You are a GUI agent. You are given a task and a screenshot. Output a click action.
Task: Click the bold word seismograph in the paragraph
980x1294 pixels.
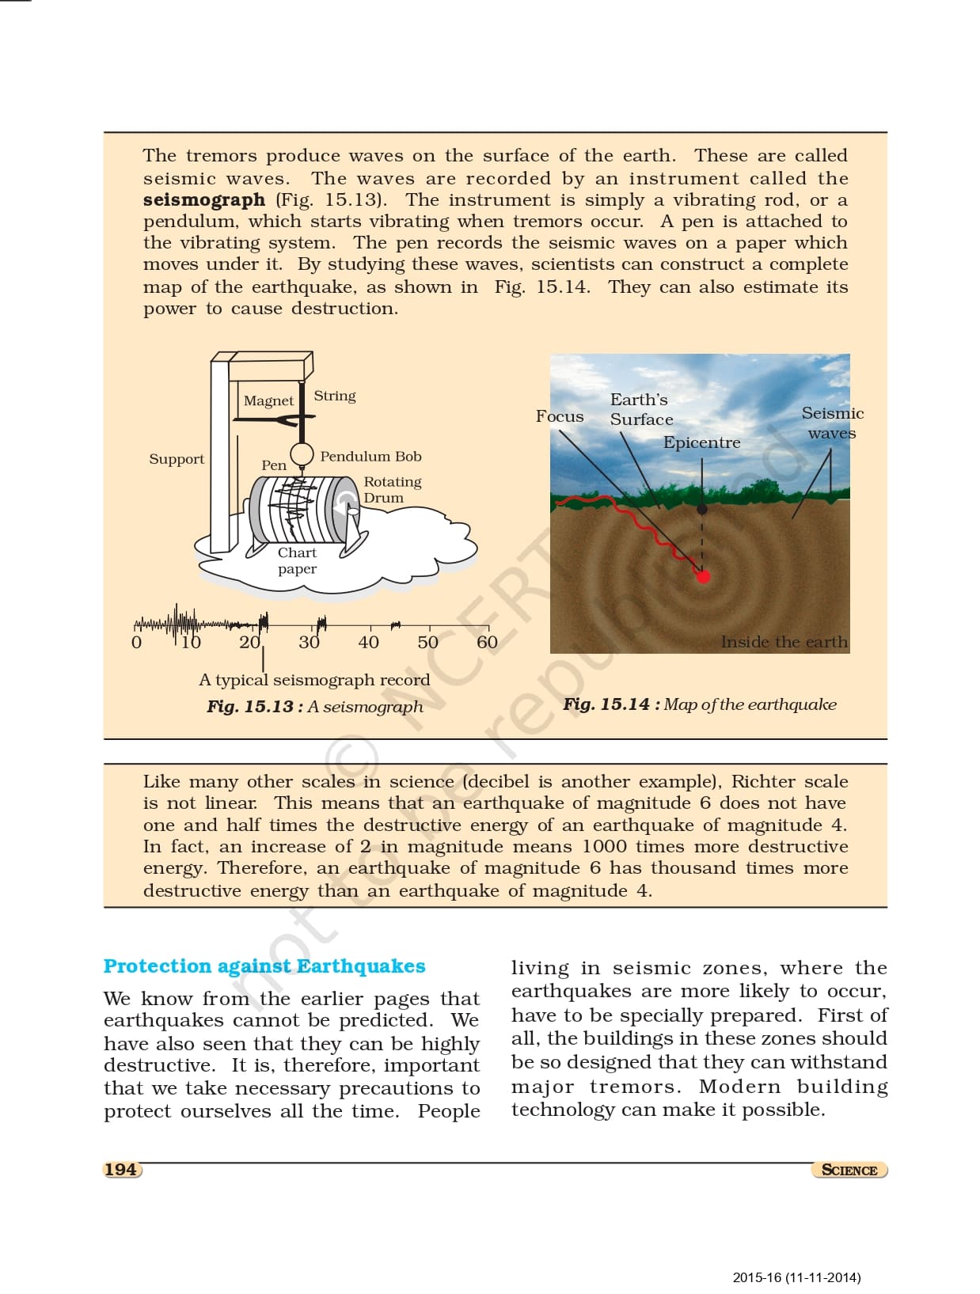pos(203,200)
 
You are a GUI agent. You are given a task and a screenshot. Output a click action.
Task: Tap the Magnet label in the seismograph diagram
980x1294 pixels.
pos(268,401)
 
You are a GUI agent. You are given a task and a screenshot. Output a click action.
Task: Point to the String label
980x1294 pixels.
pos(335,396)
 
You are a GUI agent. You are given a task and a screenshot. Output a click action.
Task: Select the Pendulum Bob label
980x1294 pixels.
pos(370,457)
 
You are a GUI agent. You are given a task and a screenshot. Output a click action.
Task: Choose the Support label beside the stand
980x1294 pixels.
pos(177,459)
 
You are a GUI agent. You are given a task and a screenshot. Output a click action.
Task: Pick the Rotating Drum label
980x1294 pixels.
pos(392,489)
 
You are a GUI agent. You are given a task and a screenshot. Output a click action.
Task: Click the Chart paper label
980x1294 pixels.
pos(297,560)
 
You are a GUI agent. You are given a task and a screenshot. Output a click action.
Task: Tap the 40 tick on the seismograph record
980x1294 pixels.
pos(368,643)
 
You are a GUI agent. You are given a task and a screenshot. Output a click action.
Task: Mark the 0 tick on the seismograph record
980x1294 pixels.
pos(136,643)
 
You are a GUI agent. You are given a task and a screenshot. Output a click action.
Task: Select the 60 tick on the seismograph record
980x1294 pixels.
pos(487,643)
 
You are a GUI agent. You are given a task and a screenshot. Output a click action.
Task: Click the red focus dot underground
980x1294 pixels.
pos(702,576)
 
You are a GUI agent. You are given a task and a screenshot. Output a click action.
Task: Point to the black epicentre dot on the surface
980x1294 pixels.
pos(701,510)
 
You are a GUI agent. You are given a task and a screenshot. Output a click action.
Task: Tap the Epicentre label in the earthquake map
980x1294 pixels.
pos(701,442)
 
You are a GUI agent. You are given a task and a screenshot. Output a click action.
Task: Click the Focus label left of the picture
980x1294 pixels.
pos(560,416)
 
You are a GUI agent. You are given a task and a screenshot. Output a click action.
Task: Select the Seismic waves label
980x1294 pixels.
pos(832,423)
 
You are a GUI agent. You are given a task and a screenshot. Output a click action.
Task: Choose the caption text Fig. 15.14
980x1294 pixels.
pos(606,704)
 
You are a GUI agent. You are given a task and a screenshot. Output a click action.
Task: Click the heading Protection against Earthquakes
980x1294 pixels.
pos(264,966)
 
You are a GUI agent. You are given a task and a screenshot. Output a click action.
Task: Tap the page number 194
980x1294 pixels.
pos(120,1170)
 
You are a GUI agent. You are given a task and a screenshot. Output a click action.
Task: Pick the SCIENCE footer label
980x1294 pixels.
pos(849,1171)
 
